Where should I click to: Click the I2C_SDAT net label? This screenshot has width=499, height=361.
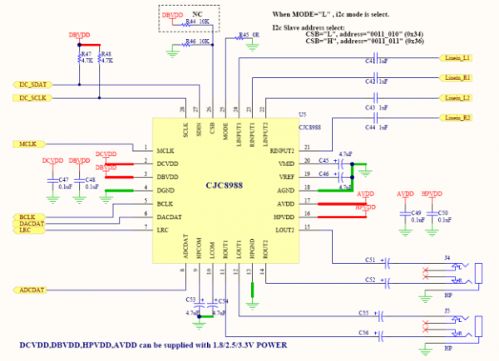point(30,85)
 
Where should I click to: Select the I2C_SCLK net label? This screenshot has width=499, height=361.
point(30,98)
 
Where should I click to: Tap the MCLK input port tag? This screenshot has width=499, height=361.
point(25,144)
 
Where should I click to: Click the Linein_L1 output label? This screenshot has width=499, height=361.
point(457,57)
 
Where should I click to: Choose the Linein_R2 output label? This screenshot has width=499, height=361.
point(457,118)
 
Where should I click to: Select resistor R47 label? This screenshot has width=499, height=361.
point(84,54)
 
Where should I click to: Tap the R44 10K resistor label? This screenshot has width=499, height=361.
point(197,23)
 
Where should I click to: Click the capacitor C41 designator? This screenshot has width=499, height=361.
point(369,61)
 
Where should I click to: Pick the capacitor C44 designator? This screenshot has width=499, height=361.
point(369,129)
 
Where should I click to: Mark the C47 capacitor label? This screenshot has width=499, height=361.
point(64,180)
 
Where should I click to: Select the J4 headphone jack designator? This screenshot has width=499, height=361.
point(448,258)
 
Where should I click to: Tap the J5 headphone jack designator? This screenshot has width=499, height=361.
point(448,310)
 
